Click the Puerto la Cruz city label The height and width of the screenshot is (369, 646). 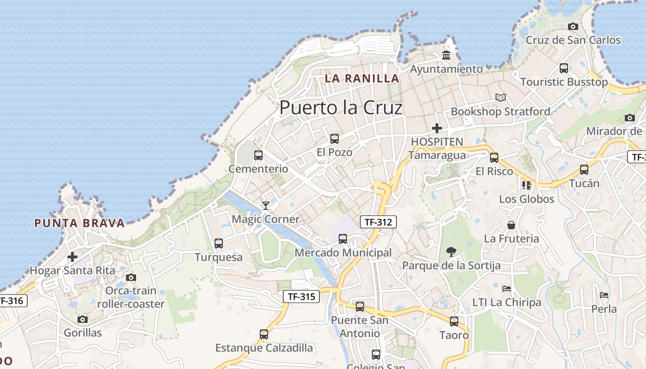[341, 108]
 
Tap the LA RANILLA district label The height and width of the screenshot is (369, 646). [362, 78]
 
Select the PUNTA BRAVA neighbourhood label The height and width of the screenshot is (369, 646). [79, 223]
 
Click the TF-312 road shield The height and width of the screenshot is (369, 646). [378, 222]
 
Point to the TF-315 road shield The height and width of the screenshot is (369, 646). [301, 297]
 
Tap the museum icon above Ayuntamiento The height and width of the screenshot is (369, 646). [446, 55]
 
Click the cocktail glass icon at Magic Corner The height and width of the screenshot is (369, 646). [266, 205]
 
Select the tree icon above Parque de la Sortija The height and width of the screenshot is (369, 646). [451, 252]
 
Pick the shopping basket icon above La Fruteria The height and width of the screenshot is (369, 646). [511, 225]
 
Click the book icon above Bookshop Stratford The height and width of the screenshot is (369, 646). [501, 98]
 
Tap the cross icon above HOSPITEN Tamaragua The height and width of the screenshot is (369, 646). [437, 128]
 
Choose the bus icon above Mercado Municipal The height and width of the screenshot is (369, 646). [343, 239]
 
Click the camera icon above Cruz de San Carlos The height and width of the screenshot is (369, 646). [573, 27]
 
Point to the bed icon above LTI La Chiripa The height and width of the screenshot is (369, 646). [507, 289]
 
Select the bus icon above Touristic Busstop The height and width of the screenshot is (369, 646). [563, 68]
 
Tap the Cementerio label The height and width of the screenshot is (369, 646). [258, 169]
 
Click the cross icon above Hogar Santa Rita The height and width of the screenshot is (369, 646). [72, 257]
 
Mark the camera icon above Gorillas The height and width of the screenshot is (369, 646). [83, 319]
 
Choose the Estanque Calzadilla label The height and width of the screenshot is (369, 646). [264, 348]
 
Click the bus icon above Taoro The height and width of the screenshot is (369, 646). [454, 321]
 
